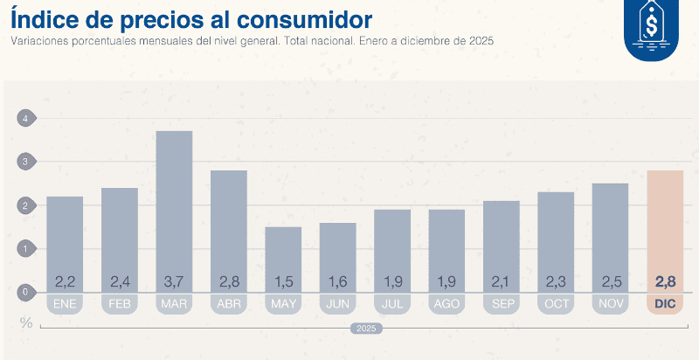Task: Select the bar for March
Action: (x=174, y=210)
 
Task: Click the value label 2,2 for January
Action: (x=65, y=281)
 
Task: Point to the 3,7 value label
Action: (x=174, y=281)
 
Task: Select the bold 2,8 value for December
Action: (x=665, y=281)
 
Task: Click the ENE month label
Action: (x=65, y=304)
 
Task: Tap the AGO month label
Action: (x=446, y=304)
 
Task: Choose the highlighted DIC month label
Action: (x=665, y=304)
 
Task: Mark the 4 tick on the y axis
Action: (x=26, y=119)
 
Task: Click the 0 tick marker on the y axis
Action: (x=26, y=293)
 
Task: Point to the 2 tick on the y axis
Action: (x=26, y=205)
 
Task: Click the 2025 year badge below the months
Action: (x=364, y=329)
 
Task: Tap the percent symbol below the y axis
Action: (x=26, y=322)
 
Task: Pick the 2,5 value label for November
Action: (x=610, y=281)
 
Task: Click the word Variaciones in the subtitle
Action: (x=38, y=41)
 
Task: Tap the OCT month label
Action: (x=556, y=304)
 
